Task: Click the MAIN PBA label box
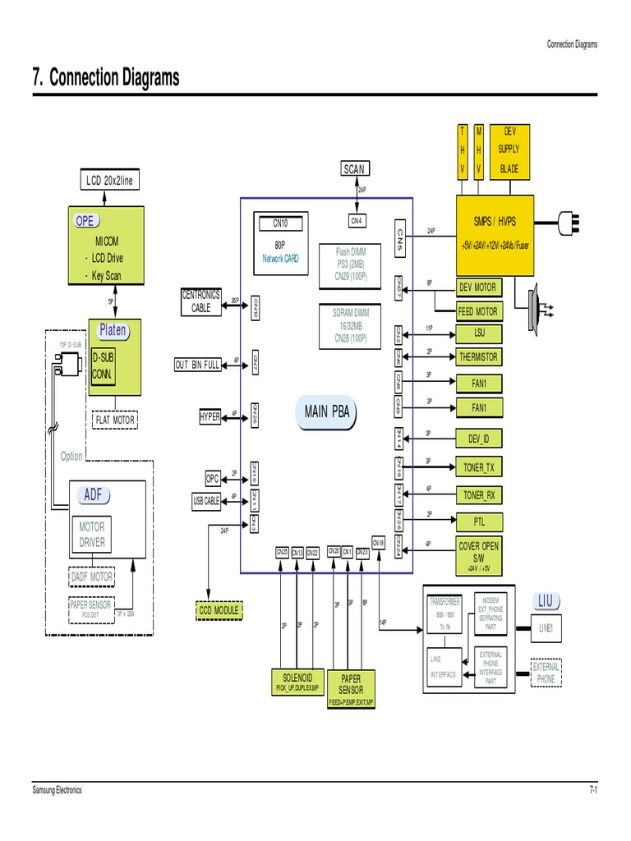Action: click(327, 412)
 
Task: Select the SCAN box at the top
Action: click(353, 168)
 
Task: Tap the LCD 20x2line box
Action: click(109, 180)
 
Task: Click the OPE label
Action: click(85, 220)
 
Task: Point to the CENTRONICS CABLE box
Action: click(201, 301)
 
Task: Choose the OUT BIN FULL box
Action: click(197, 365)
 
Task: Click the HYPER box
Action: click(210, 417)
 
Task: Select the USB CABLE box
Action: click(206, 501)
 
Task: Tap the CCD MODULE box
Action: click(219, 610)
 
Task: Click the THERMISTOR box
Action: click(479, 357)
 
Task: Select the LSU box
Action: click(479, 333)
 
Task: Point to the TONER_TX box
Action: click(479, 468)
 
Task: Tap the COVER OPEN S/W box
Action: click(479, 553)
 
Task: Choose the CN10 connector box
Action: click(280, 223)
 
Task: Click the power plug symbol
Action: click(570, 221)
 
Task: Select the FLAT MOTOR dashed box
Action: click(115, 420)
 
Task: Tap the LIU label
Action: click(546, 602)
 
